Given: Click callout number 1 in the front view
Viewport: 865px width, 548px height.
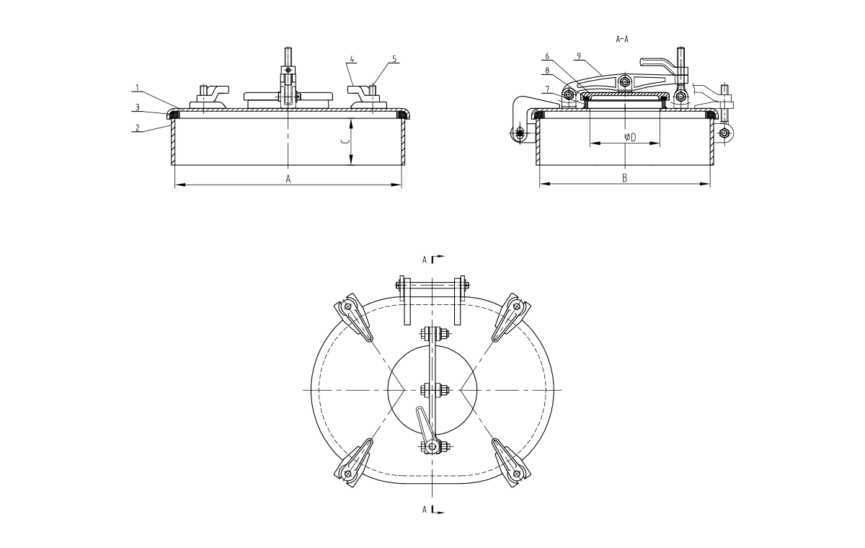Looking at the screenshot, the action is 137,88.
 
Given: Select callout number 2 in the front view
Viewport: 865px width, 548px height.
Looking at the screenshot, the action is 137,128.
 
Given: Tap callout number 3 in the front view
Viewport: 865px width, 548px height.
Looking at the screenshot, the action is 137,107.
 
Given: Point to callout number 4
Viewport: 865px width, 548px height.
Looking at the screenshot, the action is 352,59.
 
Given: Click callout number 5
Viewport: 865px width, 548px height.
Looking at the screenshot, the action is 394,59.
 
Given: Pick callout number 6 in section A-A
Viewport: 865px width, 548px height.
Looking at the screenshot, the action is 547,56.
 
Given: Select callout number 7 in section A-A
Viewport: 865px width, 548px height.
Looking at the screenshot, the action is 547,89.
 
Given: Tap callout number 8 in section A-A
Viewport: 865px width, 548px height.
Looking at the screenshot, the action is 547,71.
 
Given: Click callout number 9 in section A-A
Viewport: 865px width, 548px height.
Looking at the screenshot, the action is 578,56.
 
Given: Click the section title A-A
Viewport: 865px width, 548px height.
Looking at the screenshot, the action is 622,39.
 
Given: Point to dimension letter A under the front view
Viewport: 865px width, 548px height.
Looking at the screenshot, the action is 288,180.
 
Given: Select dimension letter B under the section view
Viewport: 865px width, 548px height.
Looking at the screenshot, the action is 625,178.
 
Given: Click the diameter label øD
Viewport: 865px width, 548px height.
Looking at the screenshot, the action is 630,137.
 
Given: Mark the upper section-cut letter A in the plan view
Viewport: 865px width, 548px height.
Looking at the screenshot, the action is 425,260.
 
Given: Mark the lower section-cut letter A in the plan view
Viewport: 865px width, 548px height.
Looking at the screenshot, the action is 425,510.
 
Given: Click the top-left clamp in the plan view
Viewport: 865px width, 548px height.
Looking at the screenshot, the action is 353,317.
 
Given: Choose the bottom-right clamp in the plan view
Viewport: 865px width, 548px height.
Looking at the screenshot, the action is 511,462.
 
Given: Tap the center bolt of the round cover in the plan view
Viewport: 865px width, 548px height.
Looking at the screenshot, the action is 432,390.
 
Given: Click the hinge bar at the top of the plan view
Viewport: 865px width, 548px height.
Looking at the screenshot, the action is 432,286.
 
